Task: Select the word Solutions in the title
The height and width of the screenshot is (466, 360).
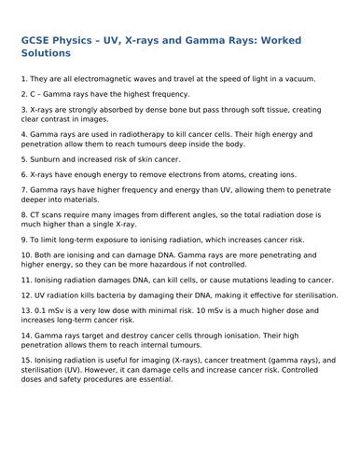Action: click(56, 58)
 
